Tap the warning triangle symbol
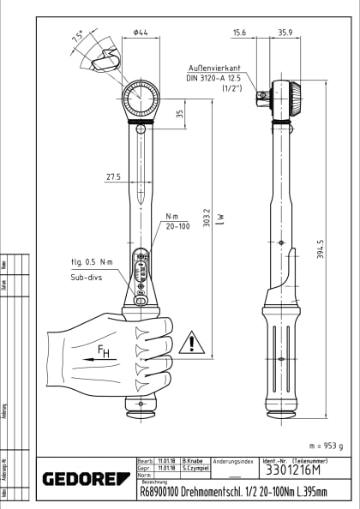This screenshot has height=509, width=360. coord(197,344)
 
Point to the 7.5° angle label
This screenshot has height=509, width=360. coord(78,37)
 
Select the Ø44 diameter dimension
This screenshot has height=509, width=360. coord(141,33)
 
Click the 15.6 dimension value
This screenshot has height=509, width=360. coord(239,33)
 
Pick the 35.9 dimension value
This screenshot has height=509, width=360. coord(285,33)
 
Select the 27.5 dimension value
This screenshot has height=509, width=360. coord(113,177)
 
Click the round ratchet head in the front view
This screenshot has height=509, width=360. coord(141,100)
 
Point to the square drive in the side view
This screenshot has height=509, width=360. coord(260,98)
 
